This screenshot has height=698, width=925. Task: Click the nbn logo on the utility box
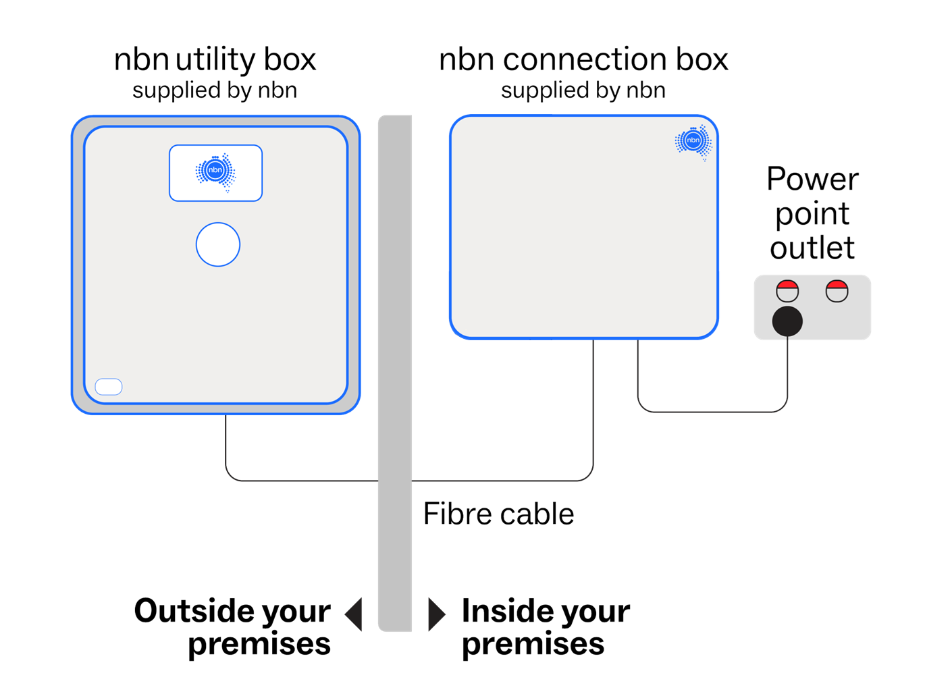215,172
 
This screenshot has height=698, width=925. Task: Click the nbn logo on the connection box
693,141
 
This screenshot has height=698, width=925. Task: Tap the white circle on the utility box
217,244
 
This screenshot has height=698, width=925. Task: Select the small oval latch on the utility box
109,387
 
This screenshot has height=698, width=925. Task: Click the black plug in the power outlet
787,321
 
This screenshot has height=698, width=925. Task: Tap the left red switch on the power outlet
787,291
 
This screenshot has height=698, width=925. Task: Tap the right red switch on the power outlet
837,291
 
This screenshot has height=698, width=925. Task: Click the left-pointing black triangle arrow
354,614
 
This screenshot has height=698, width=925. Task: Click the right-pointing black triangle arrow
436,614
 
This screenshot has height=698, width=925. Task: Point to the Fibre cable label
498,514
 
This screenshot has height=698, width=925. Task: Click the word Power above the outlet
812,180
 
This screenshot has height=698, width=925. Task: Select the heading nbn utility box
215,59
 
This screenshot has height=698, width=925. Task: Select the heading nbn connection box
583,59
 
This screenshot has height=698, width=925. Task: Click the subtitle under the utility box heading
215,90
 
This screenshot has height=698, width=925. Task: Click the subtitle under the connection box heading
583,90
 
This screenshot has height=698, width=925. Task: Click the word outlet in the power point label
812,248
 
